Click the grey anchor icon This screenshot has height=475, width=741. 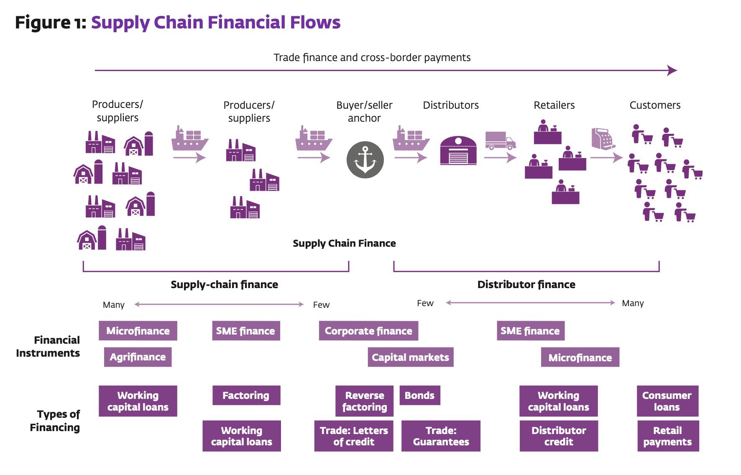click(x=365, y=160)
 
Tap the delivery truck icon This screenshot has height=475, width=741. click(x=500, y=140)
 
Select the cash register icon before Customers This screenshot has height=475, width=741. click(x=603, y=139)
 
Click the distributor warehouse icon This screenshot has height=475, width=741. click(x=458, y=150)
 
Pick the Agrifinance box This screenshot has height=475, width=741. click(x=138, y=357)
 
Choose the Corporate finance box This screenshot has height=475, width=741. click(x=368, y=331)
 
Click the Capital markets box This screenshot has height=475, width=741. click(x=410, y=357)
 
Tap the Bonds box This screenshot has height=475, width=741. click(x=419, y=395)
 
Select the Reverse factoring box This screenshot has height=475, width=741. click(x=364, y=401)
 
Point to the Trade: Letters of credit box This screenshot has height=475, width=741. click(x=353, y=436)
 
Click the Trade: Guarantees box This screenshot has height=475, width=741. click(x=441, y=436)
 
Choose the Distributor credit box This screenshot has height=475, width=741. click(x=559, y=436)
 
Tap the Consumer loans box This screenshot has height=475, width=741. click(x=667, y=401)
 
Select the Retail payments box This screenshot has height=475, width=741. click(x=668, y=436)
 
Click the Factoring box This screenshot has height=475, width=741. click(x=246, y=395)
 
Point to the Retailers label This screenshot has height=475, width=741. click(x=554, y=105)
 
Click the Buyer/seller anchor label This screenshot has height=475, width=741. click(x=364, y=111)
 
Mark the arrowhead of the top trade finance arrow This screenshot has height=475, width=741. click(x=672, y=70)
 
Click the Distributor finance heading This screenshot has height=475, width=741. click(x=526, y=284)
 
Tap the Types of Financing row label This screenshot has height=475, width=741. click(x=55, y=421)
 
